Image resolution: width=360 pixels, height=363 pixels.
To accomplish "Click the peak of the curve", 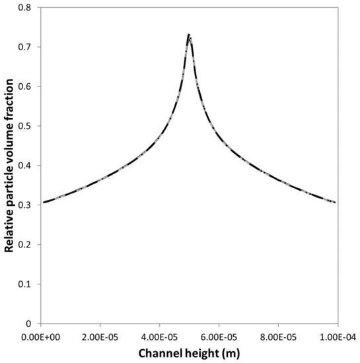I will pos(189,35).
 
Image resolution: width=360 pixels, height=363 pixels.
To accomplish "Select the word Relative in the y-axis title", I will pos(11,231).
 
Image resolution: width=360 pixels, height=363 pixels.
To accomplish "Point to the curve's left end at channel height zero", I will pos(42,203).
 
